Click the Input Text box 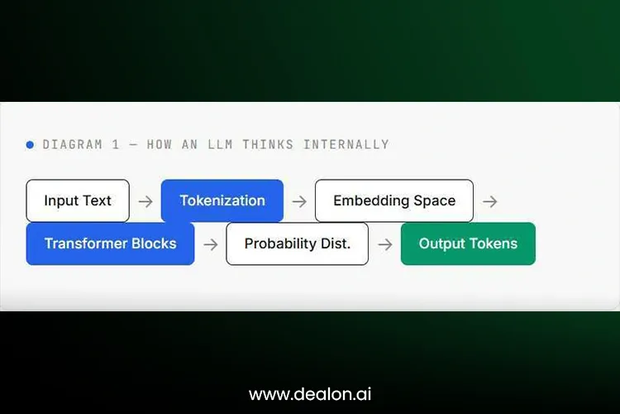[x=78, y=201]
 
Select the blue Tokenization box [x=222, y=201]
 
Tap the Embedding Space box [x=394, y=201]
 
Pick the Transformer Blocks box [x=110, y=243]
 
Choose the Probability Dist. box [x=298, y=243]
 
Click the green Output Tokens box [x=468, y=243]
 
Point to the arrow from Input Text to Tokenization [x=145, y=202]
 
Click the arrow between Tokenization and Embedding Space [x=299, y=202]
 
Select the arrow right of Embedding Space [x=490, y=202]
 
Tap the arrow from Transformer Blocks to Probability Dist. [x=211, y=244]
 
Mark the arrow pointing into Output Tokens [x=385, y=244]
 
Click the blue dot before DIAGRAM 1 [x=30, y=145]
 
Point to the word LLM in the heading [x=220, y=145]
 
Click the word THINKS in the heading [x=268, y=145]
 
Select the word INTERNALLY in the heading [x=346, y=145]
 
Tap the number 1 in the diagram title [x=116, y=145]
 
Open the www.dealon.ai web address [x=310, y=394]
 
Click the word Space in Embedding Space [x=435, y=201]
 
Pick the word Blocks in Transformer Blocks [x=154, y=243]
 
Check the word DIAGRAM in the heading [x=73, y=145]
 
